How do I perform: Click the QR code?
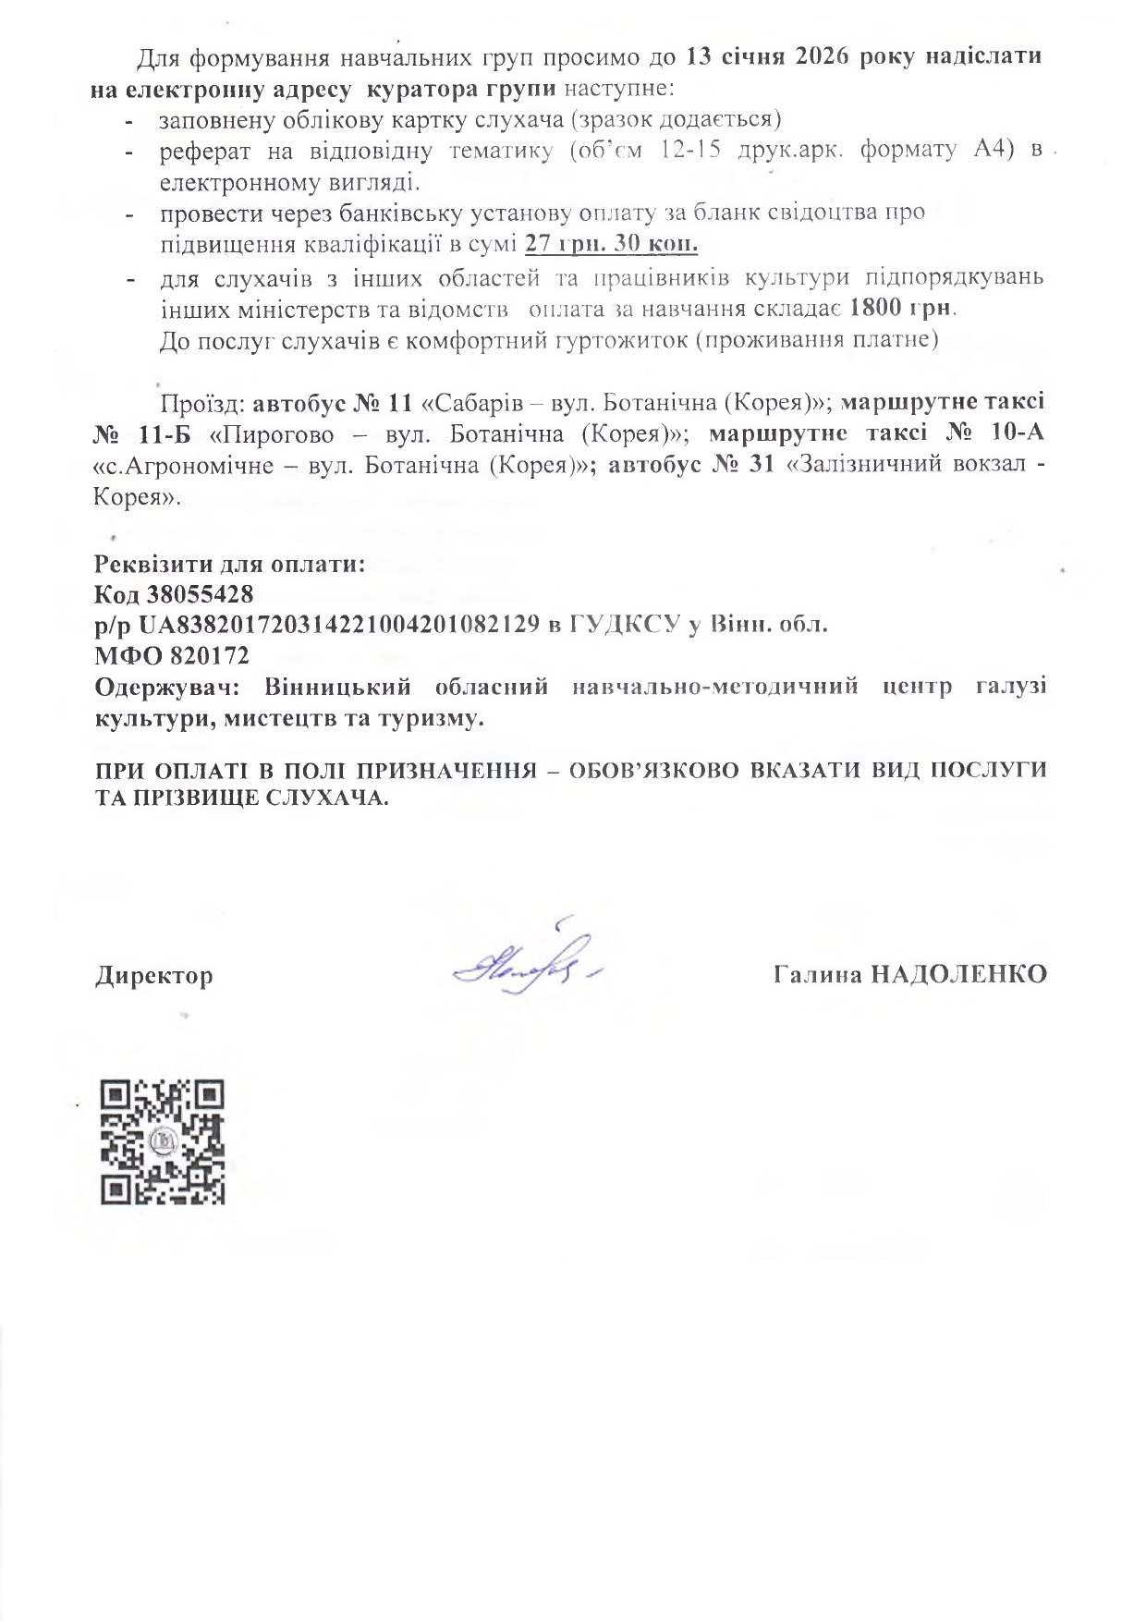coord(162,1141)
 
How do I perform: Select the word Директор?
coord(153,976)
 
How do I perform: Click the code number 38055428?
coord(200,593)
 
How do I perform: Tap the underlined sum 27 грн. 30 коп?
coord(611,244)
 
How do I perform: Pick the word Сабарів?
coord(477,403)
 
